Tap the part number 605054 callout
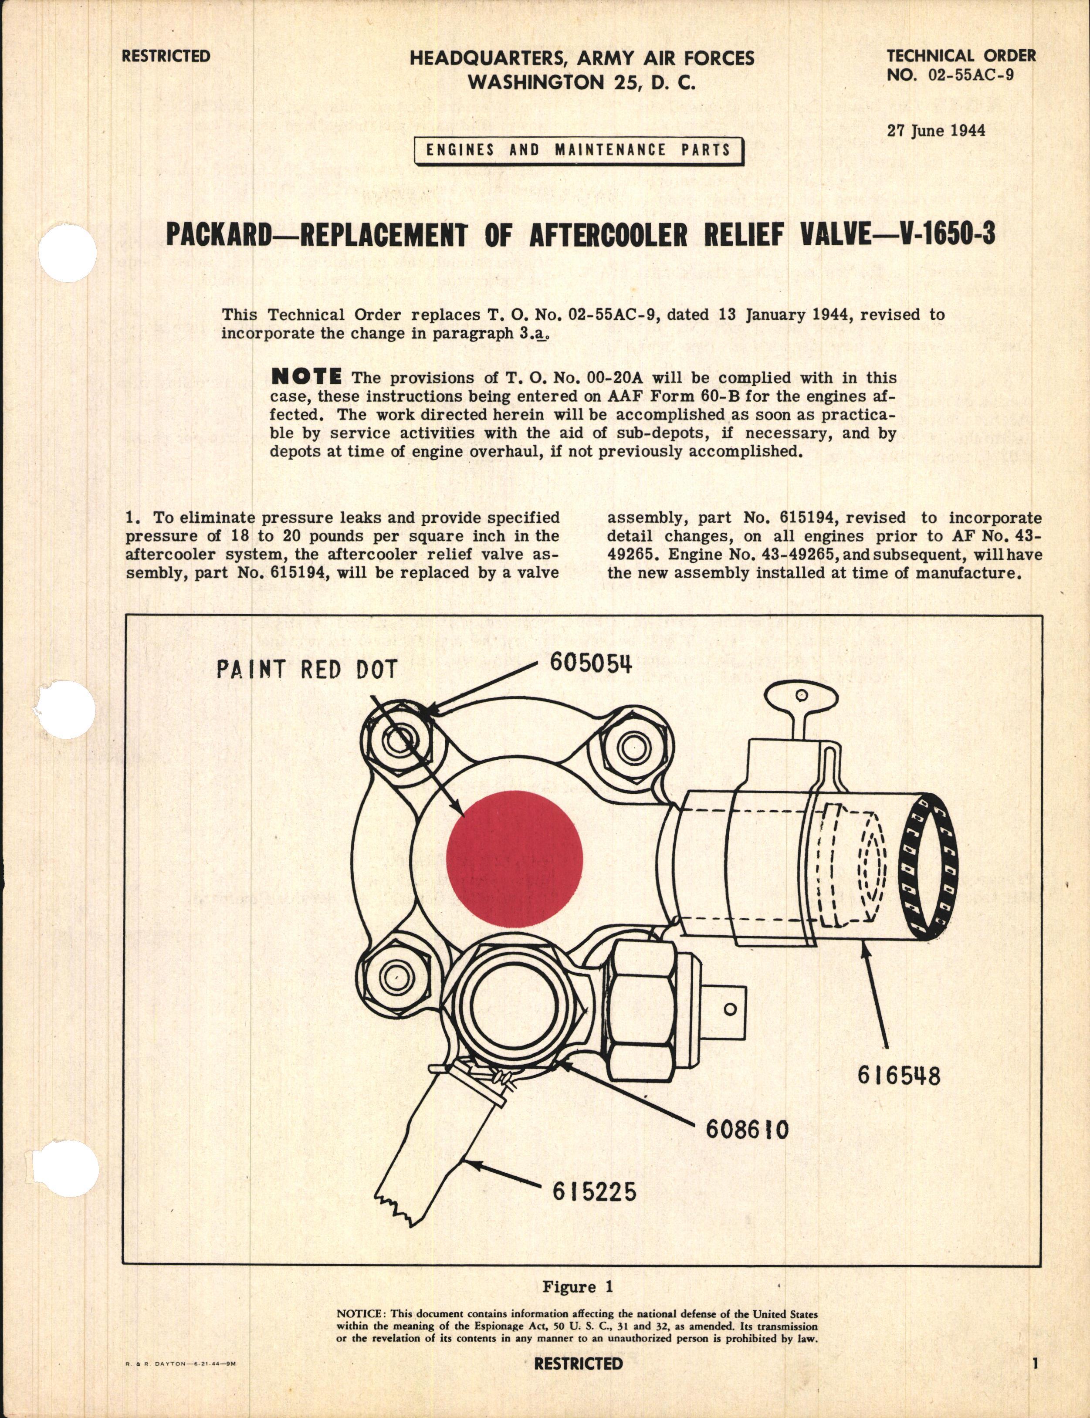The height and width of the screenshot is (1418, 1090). tap(590, 663)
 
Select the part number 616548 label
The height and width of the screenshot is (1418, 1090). tap(898, 1076)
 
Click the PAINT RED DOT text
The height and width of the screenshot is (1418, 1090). tap(306, 670)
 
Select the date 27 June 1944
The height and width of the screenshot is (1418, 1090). tap(936, 130)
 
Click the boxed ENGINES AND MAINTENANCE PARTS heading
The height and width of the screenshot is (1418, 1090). tap(578, 150)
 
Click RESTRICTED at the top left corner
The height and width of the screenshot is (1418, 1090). tap(166, 56)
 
